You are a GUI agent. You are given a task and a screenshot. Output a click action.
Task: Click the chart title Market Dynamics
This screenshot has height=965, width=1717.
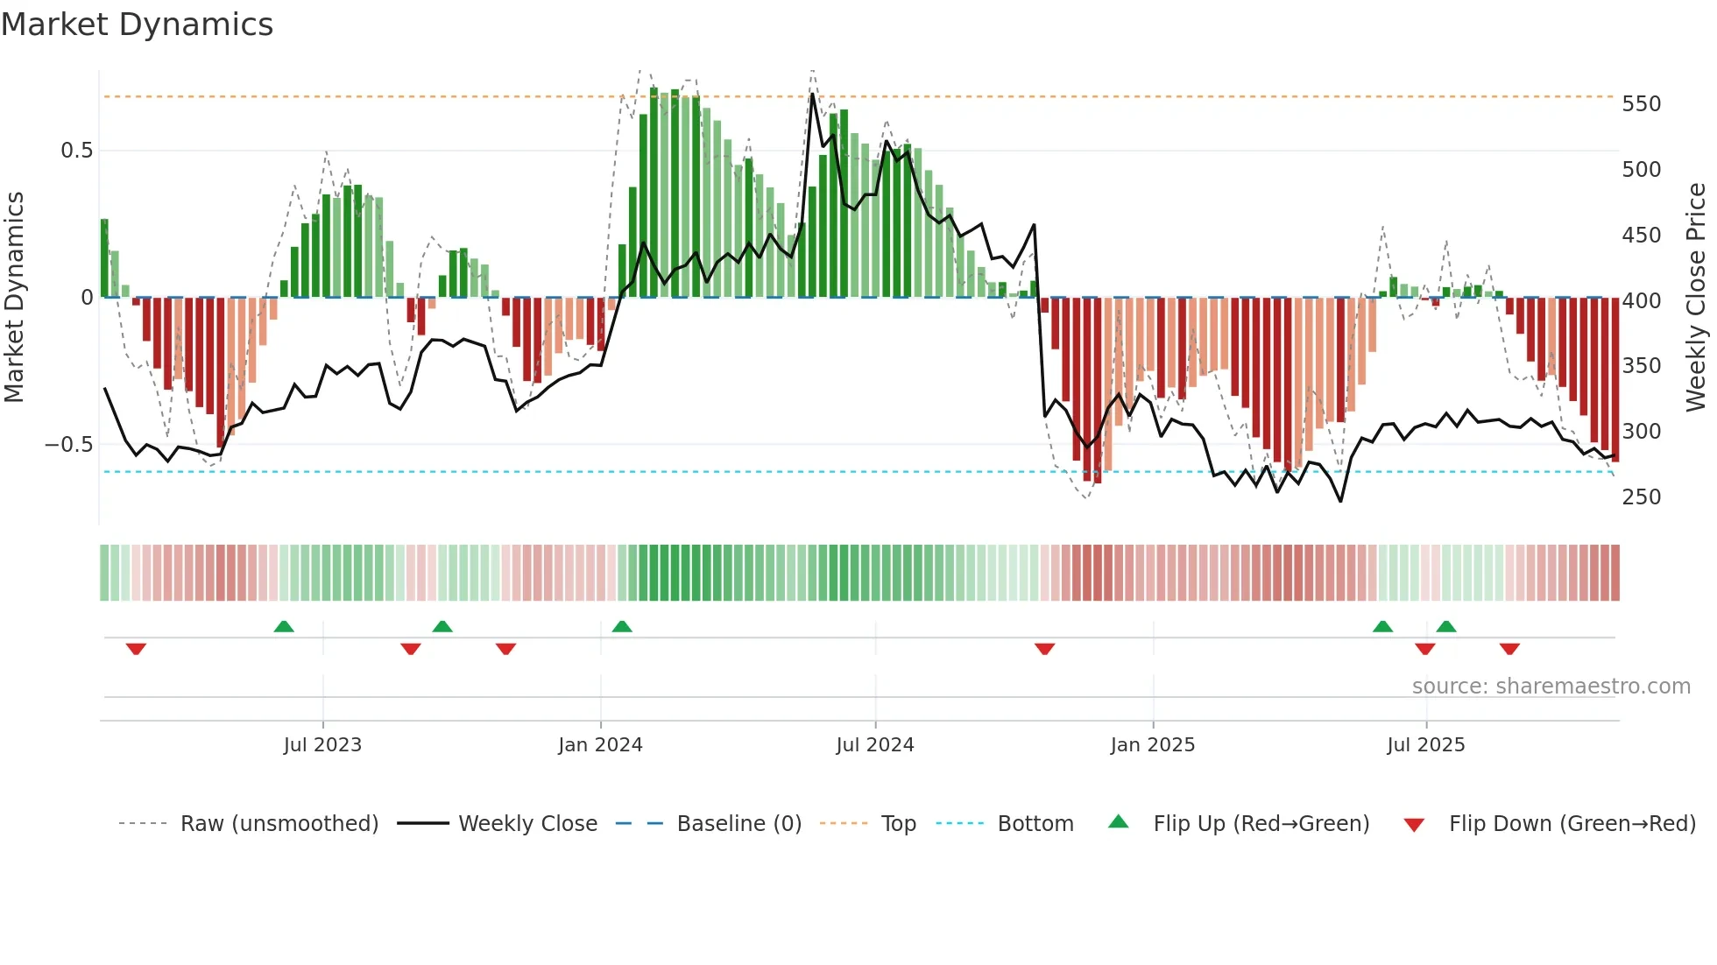138,25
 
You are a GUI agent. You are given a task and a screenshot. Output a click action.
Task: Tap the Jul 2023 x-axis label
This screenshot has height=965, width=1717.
322,745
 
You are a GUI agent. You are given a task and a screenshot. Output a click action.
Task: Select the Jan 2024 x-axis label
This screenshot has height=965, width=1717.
600,745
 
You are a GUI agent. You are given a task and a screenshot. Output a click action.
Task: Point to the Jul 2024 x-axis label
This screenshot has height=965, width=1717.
874,745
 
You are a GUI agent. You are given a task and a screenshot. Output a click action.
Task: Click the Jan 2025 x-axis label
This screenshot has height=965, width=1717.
1152,745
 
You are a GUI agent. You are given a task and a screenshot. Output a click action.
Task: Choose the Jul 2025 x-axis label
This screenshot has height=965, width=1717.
1425,745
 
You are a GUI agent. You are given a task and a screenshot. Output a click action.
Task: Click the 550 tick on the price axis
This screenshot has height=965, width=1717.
1641,104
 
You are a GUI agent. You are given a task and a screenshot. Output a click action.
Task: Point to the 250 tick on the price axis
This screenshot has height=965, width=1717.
1641,497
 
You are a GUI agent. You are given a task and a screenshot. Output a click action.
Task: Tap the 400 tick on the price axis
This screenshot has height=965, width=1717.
1641,301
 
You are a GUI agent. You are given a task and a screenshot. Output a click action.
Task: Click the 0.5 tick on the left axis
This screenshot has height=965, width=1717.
76,151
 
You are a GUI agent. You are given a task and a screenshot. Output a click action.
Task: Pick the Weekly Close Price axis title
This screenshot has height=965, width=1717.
1696,298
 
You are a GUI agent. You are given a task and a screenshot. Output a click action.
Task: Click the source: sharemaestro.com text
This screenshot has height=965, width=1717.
1551,687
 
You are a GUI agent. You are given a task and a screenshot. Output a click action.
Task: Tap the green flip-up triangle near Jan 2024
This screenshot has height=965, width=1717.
622,626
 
